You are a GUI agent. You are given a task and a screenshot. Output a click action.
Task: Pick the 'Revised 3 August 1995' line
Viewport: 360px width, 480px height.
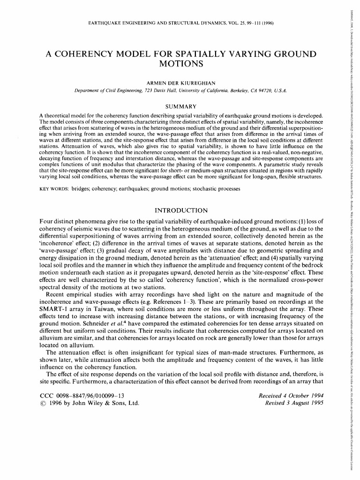tap(295, 403)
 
